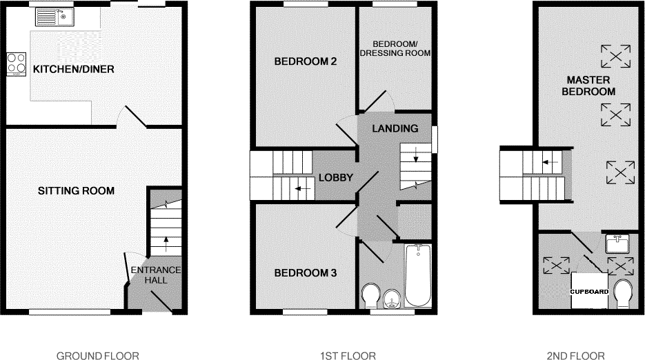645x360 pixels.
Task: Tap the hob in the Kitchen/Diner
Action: (15, 65)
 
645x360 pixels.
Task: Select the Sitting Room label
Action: (76, 190)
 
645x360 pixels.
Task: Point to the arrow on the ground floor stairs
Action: (166, 242)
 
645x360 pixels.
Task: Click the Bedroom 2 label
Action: (305, 61)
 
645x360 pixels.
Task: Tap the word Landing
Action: (395, 128)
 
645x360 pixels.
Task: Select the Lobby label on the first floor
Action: (335, 178)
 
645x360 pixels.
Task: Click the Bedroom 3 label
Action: (305, 273)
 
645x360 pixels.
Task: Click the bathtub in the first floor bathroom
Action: (417, 276)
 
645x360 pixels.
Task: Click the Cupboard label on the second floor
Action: (588, 292)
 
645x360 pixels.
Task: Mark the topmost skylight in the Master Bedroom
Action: (615, 54)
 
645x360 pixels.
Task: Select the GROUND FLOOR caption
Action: (98, 356)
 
